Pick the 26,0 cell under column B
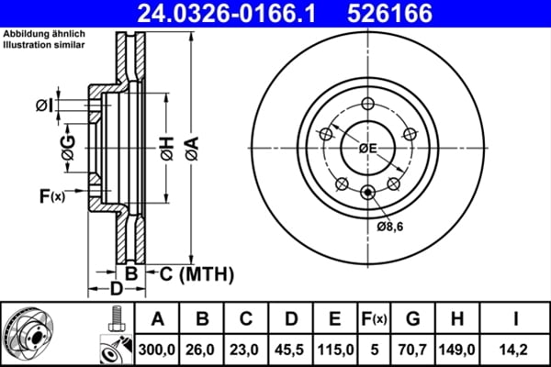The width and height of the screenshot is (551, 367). (x=203, y=349)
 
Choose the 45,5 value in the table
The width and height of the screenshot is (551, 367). (x=291, y=349)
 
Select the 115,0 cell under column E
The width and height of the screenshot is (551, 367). (x=335, y=349)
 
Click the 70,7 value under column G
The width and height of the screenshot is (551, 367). (x=412, y=349)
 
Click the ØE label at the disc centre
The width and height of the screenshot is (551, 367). (x=368, y=148)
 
